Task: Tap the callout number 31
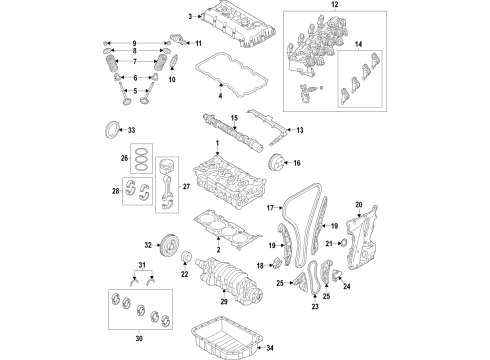click(143, 264)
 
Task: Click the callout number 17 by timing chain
click(269, 207)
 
